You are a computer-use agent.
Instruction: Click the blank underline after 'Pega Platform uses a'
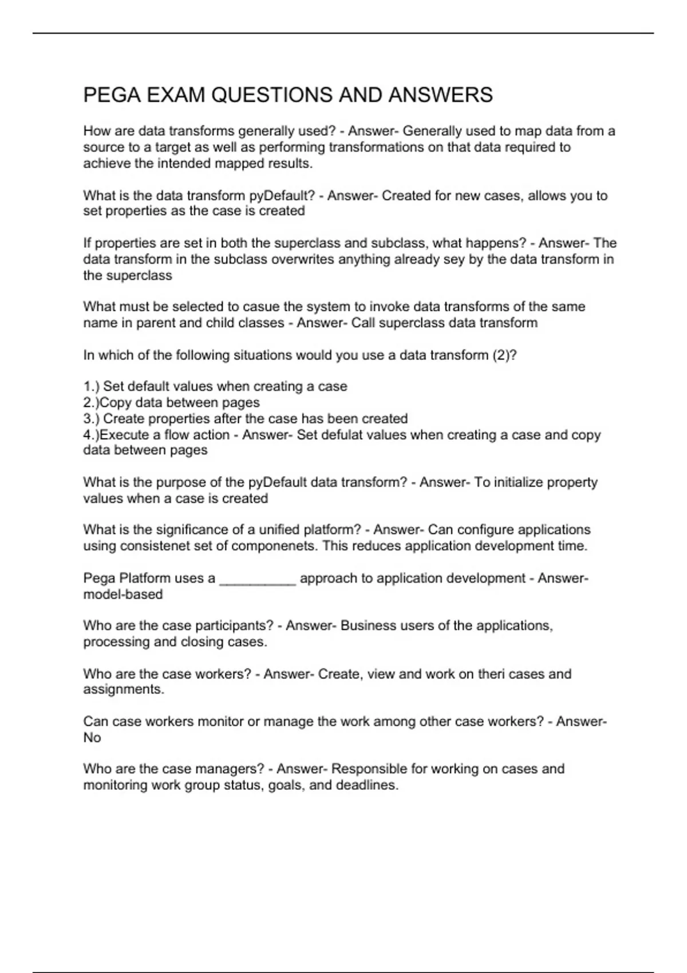(258, 579)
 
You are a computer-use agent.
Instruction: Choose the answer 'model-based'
(123, 595)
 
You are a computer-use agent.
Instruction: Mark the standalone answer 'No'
(92, 738)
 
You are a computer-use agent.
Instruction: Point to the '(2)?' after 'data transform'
(504, 355)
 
